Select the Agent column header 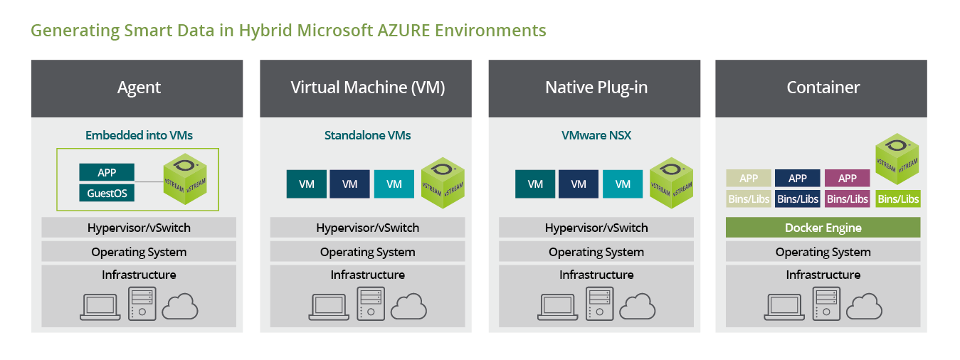tap(137, 88)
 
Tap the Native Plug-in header tap(594, 88)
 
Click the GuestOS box tap(107, 194)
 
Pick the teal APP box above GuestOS tap(107, 172)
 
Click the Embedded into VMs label tap(139, 135)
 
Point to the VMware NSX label tap(596, 135)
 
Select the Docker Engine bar tap(823, 228)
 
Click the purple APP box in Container tap(848, 179)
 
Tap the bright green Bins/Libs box tap(898, 199)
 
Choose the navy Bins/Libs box tap(798, 199)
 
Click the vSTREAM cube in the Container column tap(897, 159)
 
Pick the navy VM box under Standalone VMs tap(349, 184)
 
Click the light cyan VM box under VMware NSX tap(623, 184)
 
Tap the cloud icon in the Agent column tap(180, 307)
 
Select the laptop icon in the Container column tap(784, 307)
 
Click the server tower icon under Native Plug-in tap(600, 304)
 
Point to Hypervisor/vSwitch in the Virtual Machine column tap(367, 228)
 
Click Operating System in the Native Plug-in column tap(596, 252)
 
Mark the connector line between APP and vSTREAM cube tap(149, 181)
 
